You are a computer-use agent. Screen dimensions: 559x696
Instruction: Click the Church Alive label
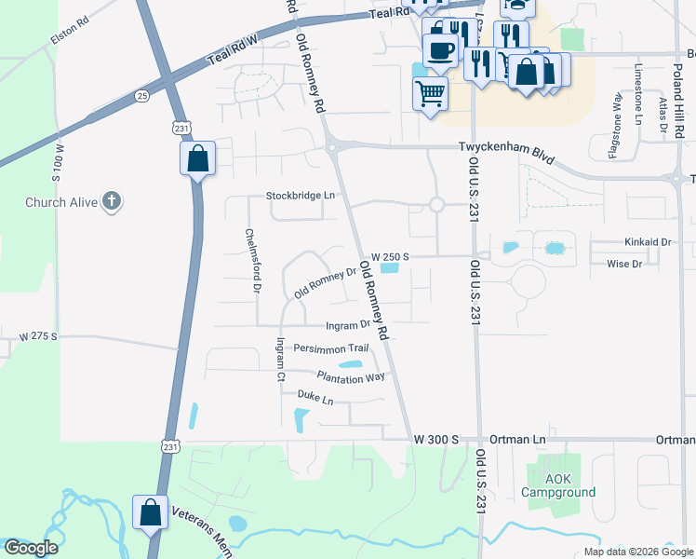pos(58,202)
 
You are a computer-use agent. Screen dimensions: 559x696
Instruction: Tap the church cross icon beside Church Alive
pos(112,201)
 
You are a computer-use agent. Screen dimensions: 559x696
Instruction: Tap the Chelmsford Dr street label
pos(250,261)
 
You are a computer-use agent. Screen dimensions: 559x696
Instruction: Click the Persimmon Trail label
pos(330,348)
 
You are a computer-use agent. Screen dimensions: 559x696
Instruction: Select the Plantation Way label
pos(350,376)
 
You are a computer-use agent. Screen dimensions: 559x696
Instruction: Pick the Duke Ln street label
pos(315,399)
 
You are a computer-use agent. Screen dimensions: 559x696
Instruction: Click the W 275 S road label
pos(38,335)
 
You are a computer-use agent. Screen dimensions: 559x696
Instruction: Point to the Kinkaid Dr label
pos(648,242)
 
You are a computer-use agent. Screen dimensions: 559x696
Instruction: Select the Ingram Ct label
pos(277,360)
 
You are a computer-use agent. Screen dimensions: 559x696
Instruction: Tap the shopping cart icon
pos(430,93)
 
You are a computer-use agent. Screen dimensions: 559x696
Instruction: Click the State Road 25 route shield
pos(141,95)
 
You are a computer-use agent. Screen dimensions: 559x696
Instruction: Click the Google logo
pos(30,549)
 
